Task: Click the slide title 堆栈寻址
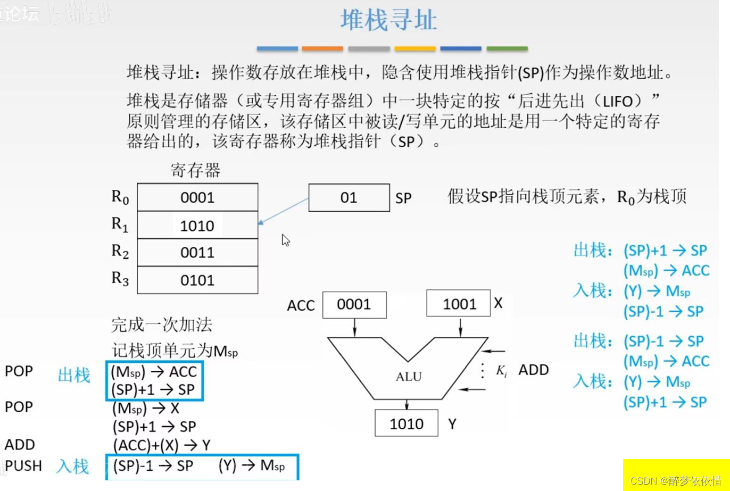[388, 21]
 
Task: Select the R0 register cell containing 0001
[197, 197]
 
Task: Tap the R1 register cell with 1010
[197, 226]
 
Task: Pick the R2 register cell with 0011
[197, 253]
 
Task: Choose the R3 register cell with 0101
[197, 280]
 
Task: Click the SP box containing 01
[349, 198]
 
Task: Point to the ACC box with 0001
[354, 304]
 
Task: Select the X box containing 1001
[459, 304]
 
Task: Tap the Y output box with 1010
[407, 423]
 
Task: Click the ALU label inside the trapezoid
[409, 377]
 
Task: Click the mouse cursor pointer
[286, 240]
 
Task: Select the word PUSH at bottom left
[23, 466]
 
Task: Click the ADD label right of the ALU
[533, 370]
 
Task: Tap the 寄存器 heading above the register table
[195, 171]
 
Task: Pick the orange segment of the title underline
[322, 48]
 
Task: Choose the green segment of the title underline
[507, 48]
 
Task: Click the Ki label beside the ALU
[501, 371]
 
